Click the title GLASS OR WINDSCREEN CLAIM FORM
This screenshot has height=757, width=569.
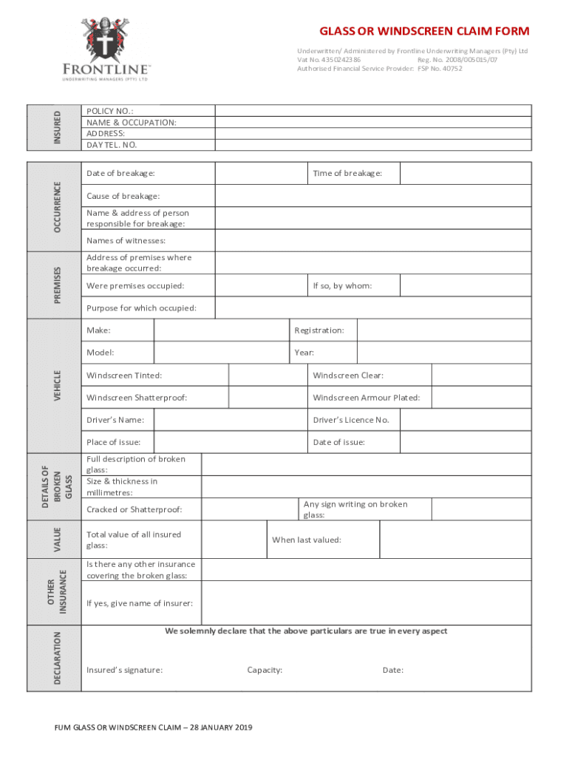click(x=424, y=31)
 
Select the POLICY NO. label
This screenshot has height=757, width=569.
click(x=110, y=111)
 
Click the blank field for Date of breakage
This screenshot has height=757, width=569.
click(x=262, y=174)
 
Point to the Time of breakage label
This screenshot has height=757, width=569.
click(x=347, y=174)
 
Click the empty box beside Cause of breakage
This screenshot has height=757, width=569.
click(x=372, y=196)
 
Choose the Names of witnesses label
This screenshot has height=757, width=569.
click(x=126, y=241)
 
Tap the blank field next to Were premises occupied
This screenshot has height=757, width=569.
click(x=262, y=285)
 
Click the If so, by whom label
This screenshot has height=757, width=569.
click(x=342, y=285)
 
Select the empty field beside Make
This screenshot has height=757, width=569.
click(x=221, y=330)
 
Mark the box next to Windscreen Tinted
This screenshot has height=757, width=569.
click(x=268, y=376)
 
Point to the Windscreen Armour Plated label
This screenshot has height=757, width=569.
click(x=367, y=398)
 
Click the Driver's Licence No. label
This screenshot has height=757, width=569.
click(x=351, y=420)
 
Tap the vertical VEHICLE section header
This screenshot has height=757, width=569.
click(x=58, y=386)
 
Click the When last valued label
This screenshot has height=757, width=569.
click(x=307, y=540)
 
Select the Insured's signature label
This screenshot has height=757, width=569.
click(x=125, y=671)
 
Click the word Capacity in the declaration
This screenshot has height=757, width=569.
click(x=265, y=671)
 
